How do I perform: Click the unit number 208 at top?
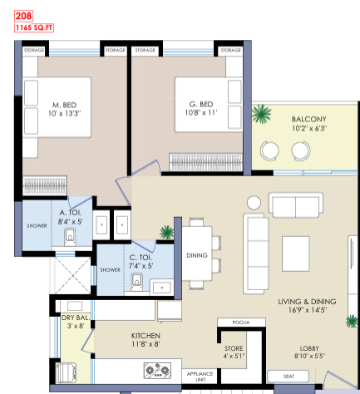(23, 16)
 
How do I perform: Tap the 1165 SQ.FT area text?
(34, 27)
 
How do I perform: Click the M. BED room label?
(64, 105)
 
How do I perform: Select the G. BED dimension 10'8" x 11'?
(201, 112)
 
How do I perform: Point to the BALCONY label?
(309, 119)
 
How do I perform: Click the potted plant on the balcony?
(261, 113)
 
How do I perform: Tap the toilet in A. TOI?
(70, 237)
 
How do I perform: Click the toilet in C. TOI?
(137, 282)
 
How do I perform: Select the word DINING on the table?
(197, 255)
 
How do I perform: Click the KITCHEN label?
(145, 336)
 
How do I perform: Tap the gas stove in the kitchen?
(157, 371)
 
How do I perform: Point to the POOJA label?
(241, 323)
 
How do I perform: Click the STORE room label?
(234, 348)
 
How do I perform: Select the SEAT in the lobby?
(288, 377)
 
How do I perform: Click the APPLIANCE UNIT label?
(200, 377)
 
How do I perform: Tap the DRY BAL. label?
(76, 318)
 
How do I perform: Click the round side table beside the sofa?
(254, 203)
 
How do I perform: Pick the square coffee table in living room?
(296, 254)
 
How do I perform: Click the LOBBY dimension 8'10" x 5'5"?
(309, 356)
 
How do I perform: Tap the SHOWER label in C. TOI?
(110, 269)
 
